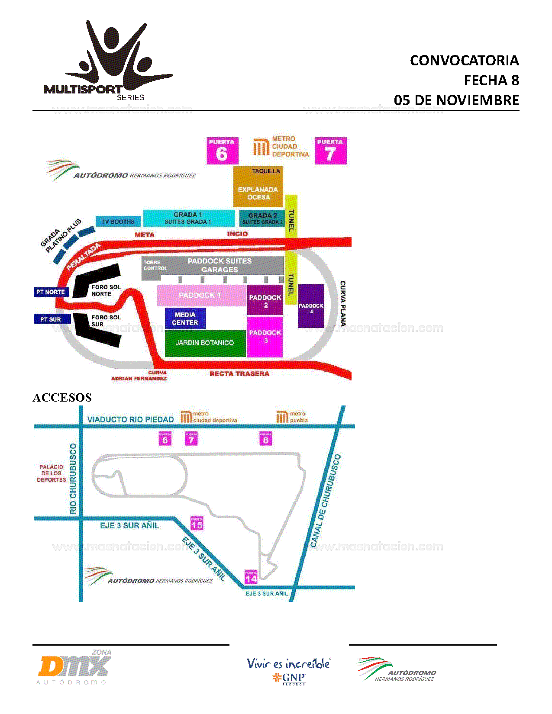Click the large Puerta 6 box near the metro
(x=222, y=151)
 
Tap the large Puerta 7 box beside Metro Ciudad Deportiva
(x=330, y=151)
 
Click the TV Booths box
(x=118, y=222)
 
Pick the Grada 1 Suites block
(x=188, y=218)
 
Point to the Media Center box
(x=185, y=318)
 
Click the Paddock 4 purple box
(x=311, y=306)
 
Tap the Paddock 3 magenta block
(x=265, y=337)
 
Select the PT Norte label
(x=51, y=292)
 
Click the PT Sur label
(x=51, y=319)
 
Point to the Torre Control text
(x=155, y=265)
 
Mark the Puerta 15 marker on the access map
(x=197, y=523)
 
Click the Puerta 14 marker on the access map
(x=251, y=577)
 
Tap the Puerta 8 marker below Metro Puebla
(x=266, y=438)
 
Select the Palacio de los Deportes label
(x=52, y=473)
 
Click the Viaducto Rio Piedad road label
(x=130, y=419)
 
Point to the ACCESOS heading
(x=62, y=398)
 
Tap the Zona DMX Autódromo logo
(x=74, y=666)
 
